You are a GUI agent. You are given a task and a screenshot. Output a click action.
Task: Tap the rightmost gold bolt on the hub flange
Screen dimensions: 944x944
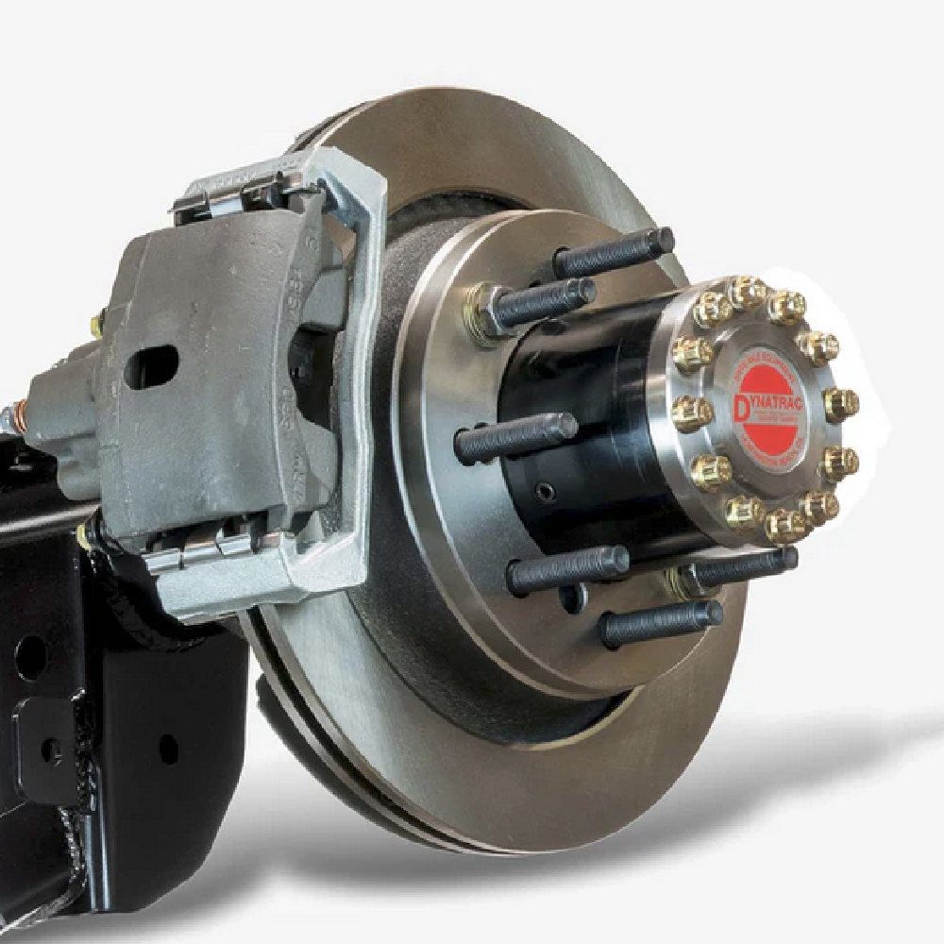coord(840,404)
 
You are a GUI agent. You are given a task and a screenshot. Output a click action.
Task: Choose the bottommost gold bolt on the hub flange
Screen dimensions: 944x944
coord(784,525)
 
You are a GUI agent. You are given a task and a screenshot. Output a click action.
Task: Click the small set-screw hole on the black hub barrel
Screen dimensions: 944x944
coord(544,491)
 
